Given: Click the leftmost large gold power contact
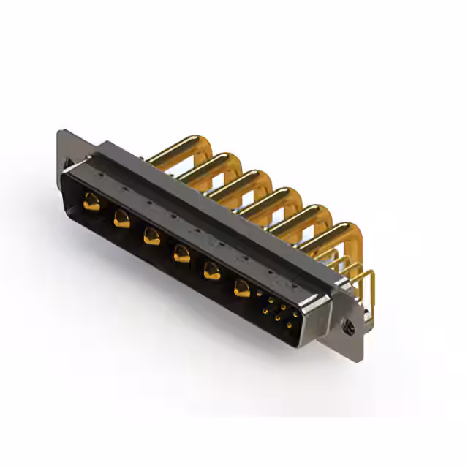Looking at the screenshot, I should click(91, 201).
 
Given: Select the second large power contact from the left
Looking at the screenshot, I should click(121, 219).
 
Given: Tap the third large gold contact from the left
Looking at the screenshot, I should click(151, 235).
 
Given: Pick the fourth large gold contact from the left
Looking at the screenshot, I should click(181, 254).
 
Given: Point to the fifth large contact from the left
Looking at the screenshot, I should click(211, 271).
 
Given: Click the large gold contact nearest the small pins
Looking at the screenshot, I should click(242, 289).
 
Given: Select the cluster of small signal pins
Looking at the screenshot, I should click(278, 311).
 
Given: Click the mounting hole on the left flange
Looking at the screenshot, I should click(66, 162).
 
